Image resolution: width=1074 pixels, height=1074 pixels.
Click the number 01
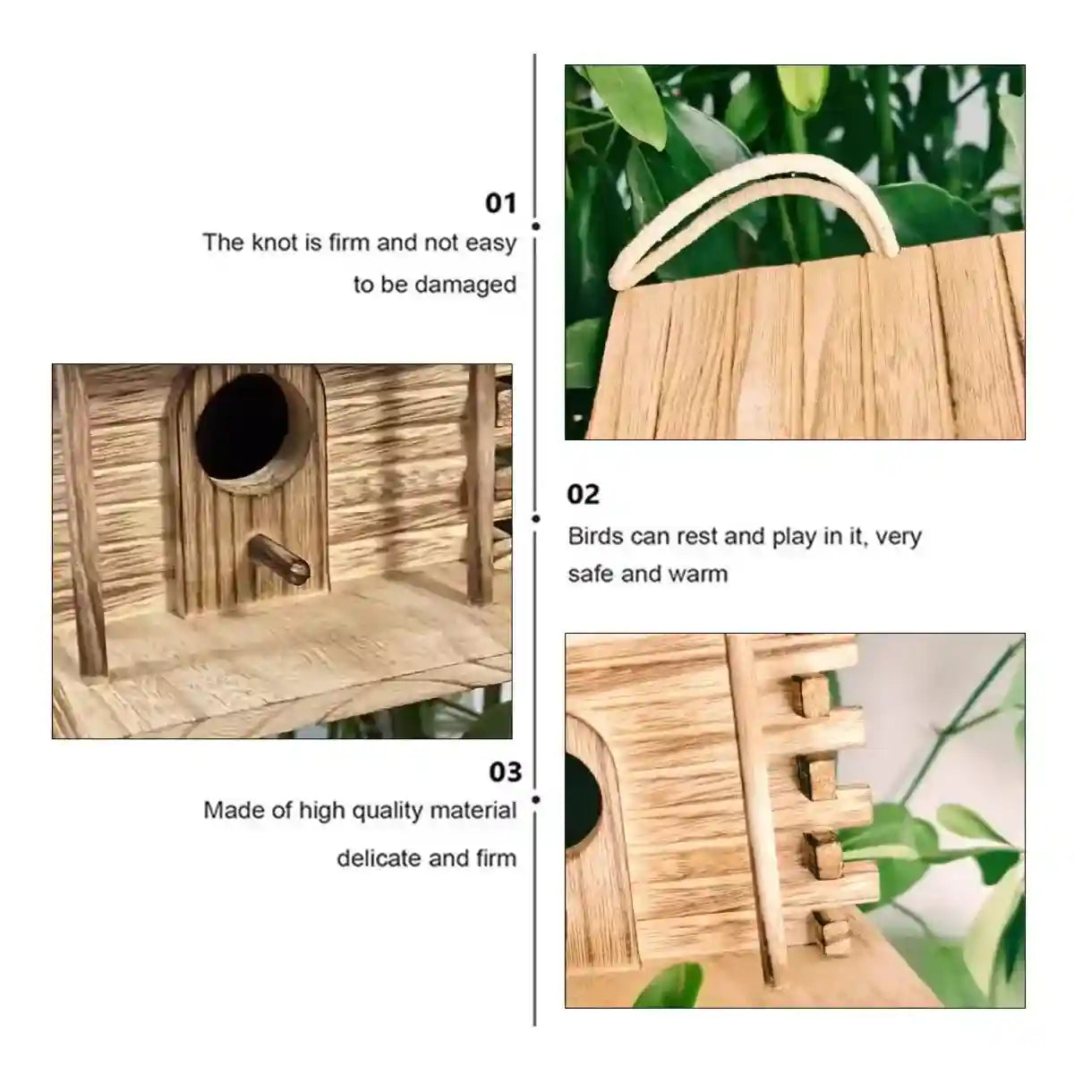pyautogui.click(x=501, y=203)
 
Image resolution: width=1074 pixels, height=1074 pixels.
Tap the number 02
pyautogui.click(x=584, y=494)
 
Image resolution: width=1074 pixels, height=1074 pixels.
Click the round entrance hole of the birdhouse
pyautogui.click(x=243, y=430)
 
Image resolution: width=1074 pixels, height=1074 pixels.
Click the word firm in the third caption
pyautogui.click(x=498, y=858)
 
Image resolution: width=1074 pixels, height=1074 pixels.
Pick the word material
pyautogui.click(x=473, y=811)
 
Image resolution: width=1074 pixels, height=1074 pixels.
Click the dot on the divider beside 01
pyautogui.click(x=535, y=227)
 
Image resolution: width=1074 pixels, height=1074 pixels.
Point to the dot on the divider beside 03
pyautogui.click(x=535, y=799)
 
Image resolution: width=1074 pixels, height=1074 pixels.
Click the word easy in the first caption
pyautogui.click(x=491, y=243)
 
